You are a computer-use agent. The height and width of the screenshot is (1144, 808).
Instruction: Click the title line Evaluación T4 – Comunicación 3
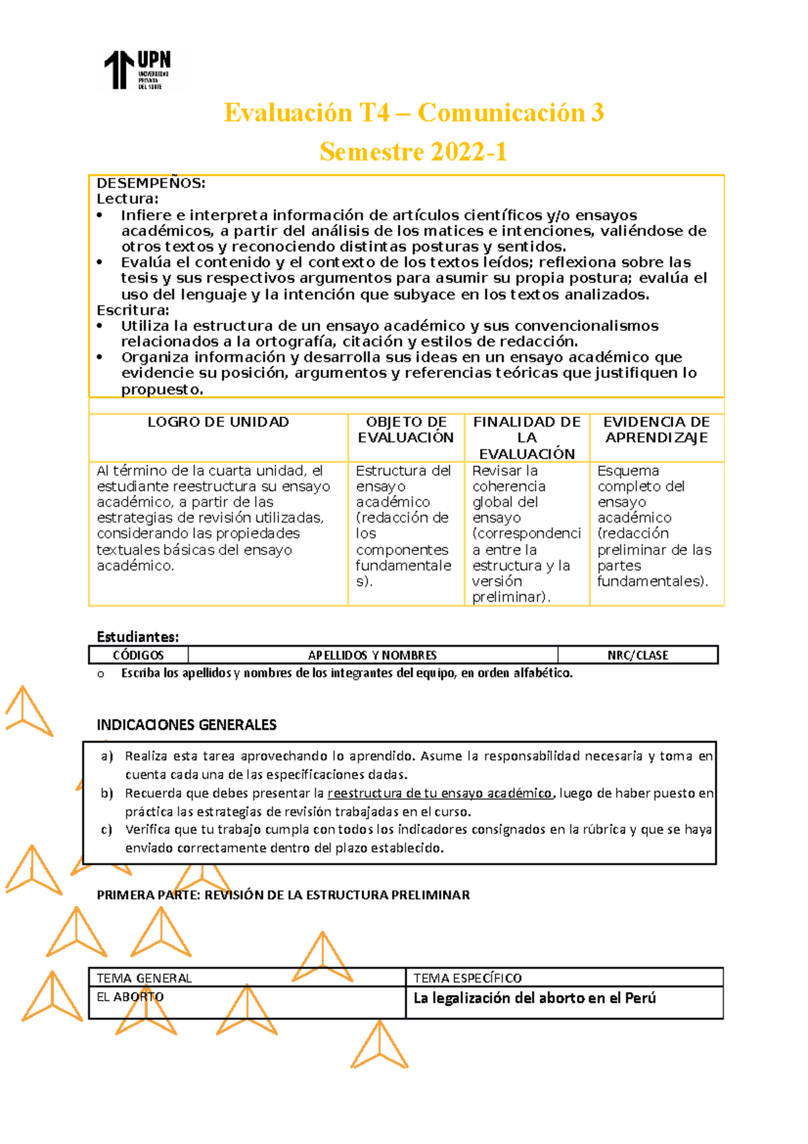413,113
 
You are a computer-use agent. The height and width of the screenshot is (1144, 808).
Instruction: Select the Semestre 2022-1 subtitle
413,152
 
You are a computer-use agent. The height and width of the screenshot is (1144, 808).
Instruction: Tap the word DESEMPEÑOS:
151,183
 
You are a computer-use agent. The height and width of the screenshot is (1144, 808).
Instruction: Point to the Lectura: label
127,199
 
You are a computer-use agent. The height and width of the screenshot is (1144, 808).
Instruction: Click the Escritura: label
133,311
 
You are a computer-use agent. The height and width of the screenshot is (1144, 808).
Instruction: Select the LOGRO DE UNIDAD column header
218,422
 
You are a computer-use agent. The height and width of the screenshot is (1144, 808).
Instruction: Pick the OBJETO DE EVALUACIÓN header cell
406,430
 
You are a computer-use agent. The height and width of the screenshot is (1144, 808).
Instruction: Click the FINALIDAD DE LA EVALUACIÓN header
527,438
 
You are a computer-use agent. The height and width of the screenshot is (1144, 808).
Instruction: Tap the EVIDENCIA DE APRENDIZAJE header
656,430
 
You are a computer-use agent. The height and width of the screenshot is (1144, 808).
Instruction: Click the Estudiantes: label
137,637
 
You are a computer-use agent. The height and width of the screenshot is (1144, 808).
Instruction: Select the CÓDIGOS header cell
138,656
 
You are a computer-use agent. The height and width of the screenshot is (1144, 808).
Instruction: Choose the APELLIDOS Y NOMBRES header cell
372,656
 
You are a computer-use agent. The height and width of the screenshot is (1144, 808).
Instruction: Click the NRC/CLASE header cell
637,656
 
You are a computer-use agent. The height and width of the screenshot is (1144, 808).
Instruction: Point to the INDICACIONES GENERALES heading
187,725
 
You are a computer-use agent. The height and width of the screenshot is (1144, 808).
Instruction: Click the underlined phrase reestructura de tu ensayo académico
440,794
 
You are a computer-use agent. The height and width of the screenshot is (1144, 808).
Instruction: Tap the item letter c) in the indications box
106,830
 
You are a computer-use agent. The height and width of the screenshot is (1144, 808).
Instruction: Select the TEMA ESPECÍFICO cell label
467,978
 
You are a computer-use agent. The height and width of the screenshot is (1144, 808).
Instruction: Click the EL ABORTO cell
130,997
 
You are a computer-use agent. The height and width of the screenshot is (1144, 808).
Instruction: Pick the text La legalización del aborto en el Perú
534,998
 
